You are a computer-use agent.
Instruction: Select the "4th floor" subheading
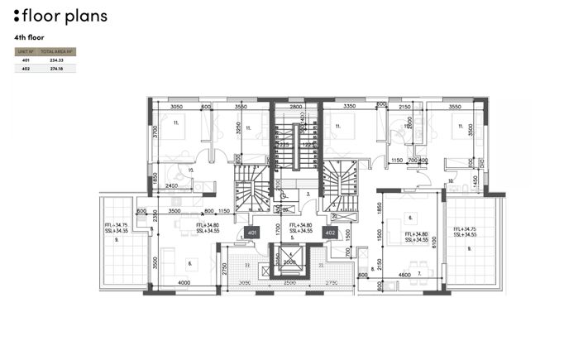pyautogui.click(x=29, y=38)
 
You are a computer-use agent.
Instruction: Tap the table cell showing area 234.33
pyautogui.click(x=56, y=60)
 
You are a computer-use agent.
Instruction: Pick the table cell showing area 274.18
pyautogui.click(x=56, y=69)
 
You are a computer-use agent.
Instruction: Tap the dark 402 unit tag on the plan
pyautogui.click(x=330, y=233)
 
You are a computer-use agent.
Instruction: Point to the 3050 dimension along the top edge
pyautogui.click(x=176, y=107)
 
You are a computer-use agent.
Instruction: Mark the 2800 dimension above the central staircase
pyautogui.click(x=295, y=107)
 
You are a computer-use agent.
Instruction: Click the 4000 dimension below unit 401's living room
pyautogui.click(x=184, y=284)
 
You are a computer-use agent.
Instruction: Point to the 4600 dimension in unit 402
pyautogui.click(x=404, y=274)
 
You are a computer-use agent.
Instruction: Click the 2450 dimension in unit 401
pyautogui.click(x=172, y=186)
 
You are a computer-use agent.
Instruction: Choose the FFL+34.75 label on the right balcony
pyautogui.click(x=466, y=229)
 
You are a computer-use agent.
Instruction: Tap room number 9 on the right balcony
pyautogui.click(x=469, y=248)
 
